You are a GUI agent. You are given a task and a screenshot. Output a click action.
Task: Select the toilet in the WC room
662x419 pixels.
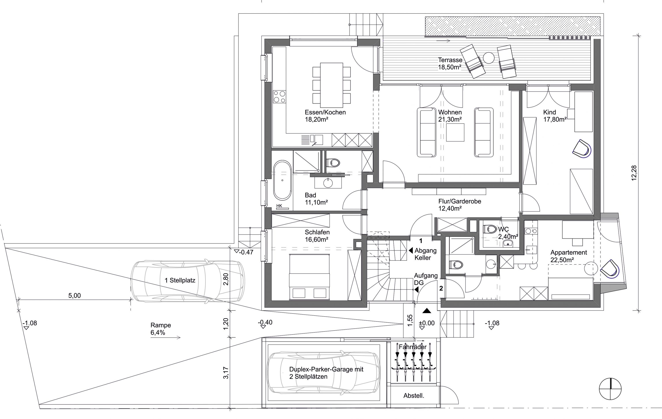pyautogui.click(x=489, y=228)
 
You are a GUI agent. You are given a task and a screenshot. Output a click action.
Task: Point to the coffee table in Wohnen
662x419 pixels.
pyautogui.click(x=455, y=133)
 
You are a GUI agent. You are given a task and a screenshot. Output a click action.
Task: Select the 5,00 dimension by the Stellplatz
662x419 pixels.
pyautogui.click(x=75, y=296)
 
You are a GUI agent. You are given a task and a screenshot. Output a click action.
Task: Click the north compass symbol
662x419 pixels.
pyautogui.click(x=610, y=389)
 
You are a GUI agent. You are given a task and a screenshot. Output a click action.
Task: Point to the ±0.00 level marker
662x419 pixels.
pyautogui.click(x=427, y=323)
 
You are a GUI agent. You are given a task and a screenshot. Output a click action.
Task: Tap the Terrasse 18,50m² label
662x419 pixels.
pyautogui.click(x=450, y=64)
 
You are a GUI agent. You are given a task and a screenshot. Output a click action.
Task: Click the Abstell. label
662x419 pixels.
pyautogui.click(x=414, y=396)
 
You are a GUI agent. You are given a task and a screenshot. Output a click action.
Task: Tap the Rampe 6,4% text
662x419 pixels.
pyautogui.click(x=161, y=329)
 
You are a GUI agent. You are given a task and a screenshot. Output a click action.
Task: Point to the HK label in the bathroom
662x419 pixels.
pyautogui.click(x=279, y=206)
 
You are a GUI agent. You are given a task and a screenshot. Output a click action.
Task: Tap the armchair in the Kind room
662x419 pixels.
pyautogui.click(x=582, y=149)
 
